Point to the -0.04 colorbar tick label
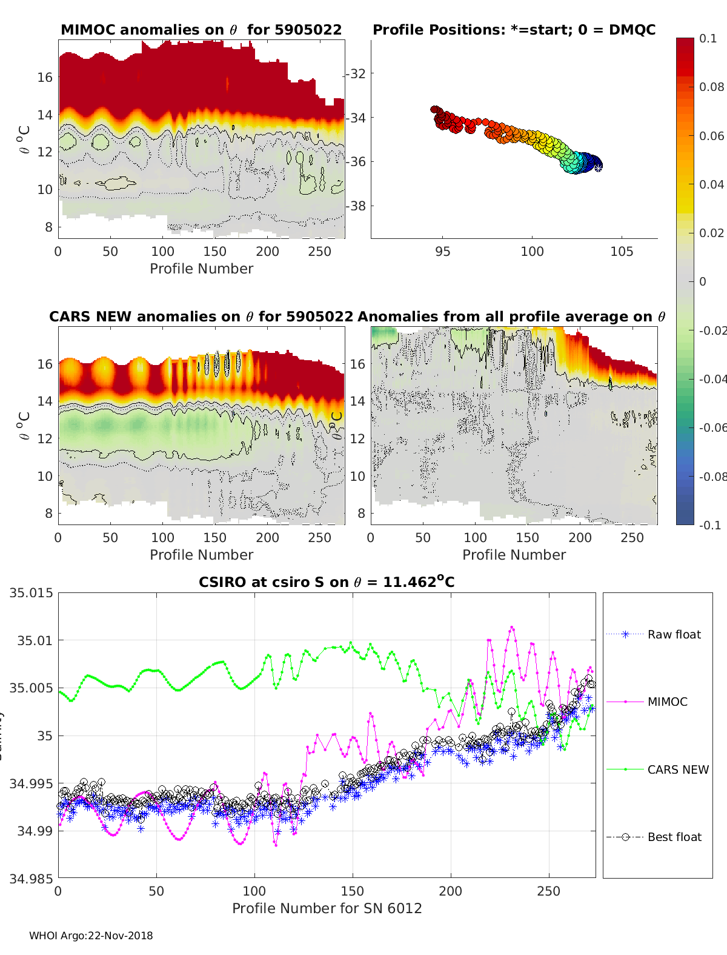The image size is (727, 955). pyautogui.click(x=712, y=379)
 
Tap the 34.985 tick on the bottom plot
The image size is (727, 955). pyautogui.click(x=32, y=878)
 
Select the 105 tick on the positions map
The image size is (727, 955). pyautogui.click(x=622, y=251)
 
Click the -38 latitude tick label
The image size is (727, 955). pyautogui.click(x=356, y=206)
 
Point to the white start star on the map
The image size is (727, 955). pyautogui.click(x=597, y=168)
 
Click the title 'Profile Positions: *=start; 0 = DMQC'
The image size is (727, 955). pyautogui.click(x=514, y=30)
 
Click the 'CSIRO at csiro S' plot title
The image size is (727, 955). pyautogui.click(x=327, y=582)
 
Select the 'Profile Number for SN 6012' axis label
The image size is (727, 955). pyautogui.click(x=327, y=908)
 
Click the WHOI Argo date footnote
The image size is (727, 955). pyautogui.click(x=91, y=936)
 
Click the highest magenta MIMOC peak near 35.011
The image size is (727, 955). pyautogui.click(x=512, y=627)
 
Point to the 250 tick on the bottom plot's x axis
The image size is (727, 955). pyautogui.click(x=549, y=891)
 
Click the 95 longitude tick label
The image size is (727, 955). pyautogui.click(x=443, y=251)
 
